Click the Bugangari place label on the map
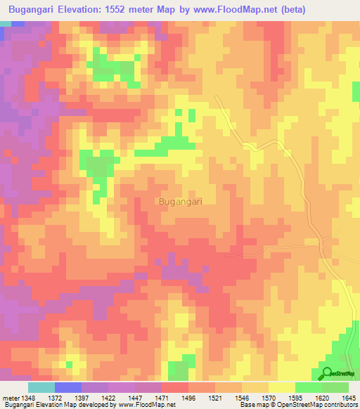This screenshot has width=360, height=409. pos(181,202)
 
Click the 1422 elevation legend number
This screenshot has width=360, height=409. pos(108,397)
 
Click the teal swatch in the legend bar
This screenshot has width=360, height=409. pos(41,387)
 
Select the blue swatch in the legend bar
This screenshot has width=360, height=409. pos(67,387)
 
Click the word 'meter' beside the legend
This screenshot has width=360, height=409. pos(10,397)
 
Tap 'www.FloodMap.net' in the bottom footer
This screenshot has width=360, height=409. pos(143,405)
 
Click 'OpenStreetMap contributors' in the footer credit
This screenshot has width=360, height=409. pos(317,405)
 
